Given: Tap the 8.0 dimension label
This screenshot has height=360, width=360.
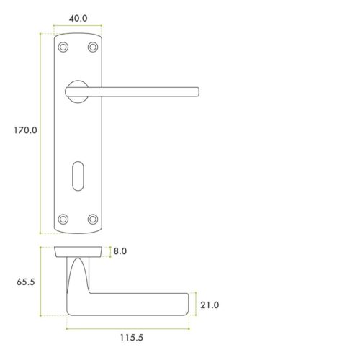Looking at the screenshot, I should click(x=119, y=252).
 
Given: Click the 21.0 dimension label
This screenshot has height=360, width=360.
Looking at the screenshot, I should click(x=209, y=305).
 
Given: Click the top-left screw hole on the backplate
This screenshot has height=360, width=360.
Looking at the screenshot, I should click(x=63, y=47).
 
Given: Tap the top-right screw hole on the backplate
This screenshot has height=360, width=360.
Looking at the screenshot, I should click(x=92, y=47).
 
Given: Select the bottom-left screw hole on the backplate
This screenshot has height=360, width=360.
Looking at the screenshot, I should click(x=63, y=217).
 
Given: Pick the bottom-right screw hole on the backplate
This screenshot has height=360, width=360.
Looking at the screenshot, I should click(x=92, y=217).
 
